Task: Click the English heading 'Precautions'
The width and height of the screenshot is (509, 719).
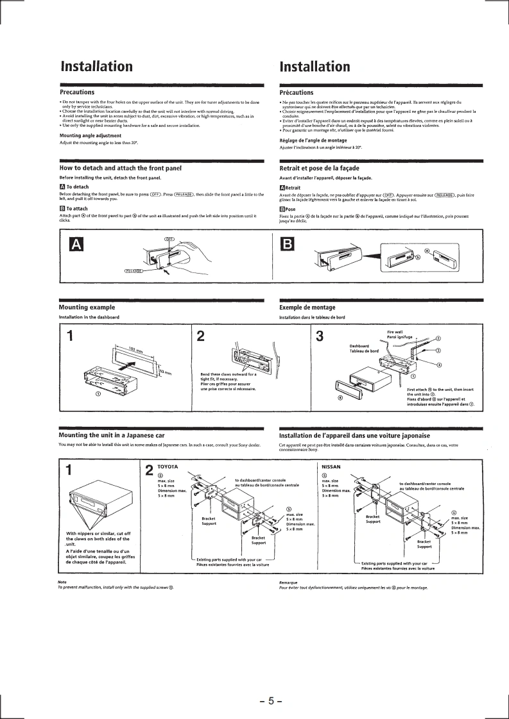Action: [77, 92]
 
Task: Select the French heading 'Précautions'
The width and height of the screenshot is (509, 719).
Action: [297, 92]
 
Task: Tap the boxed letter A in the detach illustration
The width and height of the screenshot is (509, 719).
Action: [76, 244]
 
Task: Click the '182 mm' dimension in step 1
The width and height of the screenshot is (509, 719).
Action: [135, 350]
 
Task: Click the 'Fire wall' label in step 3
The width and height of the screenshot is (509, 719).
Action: [395, 331]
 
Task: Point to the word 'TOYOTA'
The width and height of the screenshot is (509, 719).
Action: [167, 467]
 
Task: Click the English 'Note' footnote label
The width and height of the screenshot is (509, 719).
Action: [62, 582]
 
